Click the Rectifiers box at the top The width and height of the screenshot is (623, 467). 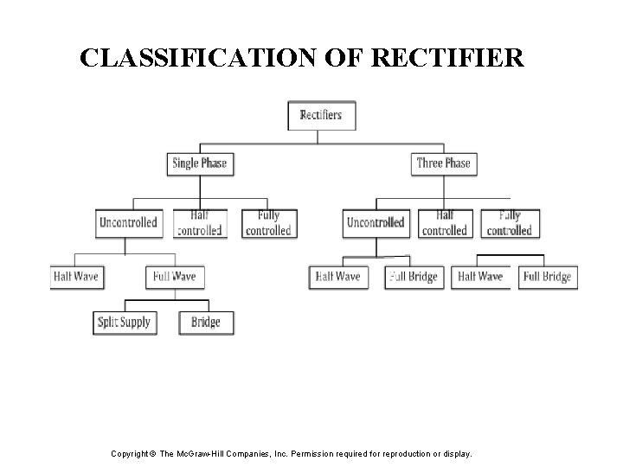[x=321, y=115]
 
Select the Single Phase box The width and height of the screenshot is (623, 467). [x=199, y=163]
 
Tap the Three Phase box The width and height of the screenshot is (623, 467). [x=443, y=163]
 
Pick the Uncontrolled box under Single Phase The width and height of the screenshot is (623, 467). [x=128, y=223]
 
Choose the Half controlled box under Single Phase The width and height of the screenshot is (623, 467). [x=199, y=223]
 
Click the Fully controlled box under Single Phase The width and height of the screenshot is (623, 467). [x=268, y=223]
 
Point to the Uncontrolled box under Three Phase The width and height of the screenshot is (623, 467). [x=376, y=223]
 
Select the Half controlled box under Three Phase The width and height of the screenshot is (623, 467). [x=444, y=223]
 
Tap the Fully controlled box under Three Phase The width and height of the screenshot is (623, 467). [x=510, y=223]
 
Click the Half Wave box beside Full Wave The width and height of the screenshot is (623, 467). [x=75, y=277]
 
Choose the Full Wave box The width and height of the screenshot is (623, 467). [x=174, y=277]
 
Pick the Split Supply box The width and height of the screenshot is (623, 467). [x=124, y=323]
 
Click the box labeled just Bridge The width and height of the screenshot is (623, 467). [x=206, y=323]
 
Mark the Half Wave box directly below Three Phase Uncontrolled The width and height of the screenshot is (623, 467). [x=337, y=277]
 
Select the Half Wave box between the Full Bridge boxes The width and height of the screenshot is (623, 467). [x=479, y=277]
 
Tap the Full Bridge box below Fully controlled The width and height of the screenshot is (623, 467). [x=547, y=277]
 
